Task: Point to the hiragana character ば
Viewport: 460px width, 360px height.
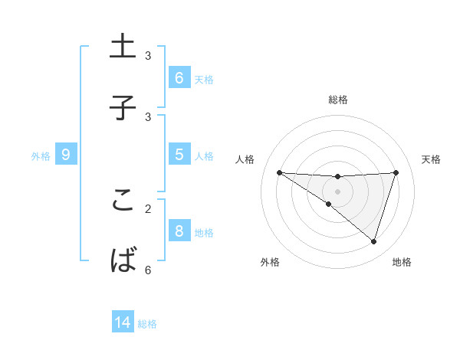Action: click(x=123, y=260)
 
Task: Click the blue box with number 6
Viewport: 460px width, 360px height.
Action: click(x=179, y=78)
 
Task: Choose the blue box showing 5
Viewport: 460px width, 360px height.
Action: click(x=179, y=155)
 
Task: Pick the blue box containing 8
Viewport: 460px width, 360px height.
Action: click(x=179, y=231)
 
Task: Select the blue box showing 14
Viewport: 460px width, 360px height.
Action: click(x=123, y=322)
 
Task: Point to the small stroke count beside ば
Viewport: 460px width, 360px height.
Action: click(x=148, y=270)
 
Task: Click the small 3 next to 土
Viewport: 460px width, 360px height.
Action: click(x=148, y=56)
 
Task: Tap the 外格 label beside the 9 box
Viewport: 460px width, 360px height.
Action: click(x=41, y=156)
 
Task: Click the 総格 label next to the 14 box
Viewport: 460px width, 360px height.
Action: click(x=147, y=324)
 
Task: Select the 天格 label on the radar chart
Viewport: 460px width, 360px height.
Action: click(x=432, y=159)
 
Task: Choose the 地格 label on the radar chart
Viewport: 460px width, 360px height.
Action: click(x=402, y=262)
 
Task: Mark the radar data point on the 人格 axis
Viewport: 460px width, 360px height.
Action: click(x=279, y=172)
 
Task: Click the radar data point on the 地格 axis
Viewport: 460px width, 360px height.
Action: click(x=373, y=241)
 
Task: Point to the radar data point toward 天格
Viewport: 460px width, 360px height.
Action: click(x=396, y=172)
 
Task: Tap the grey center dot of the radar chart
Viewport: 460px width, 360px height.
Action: click(x=337, y=191)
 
